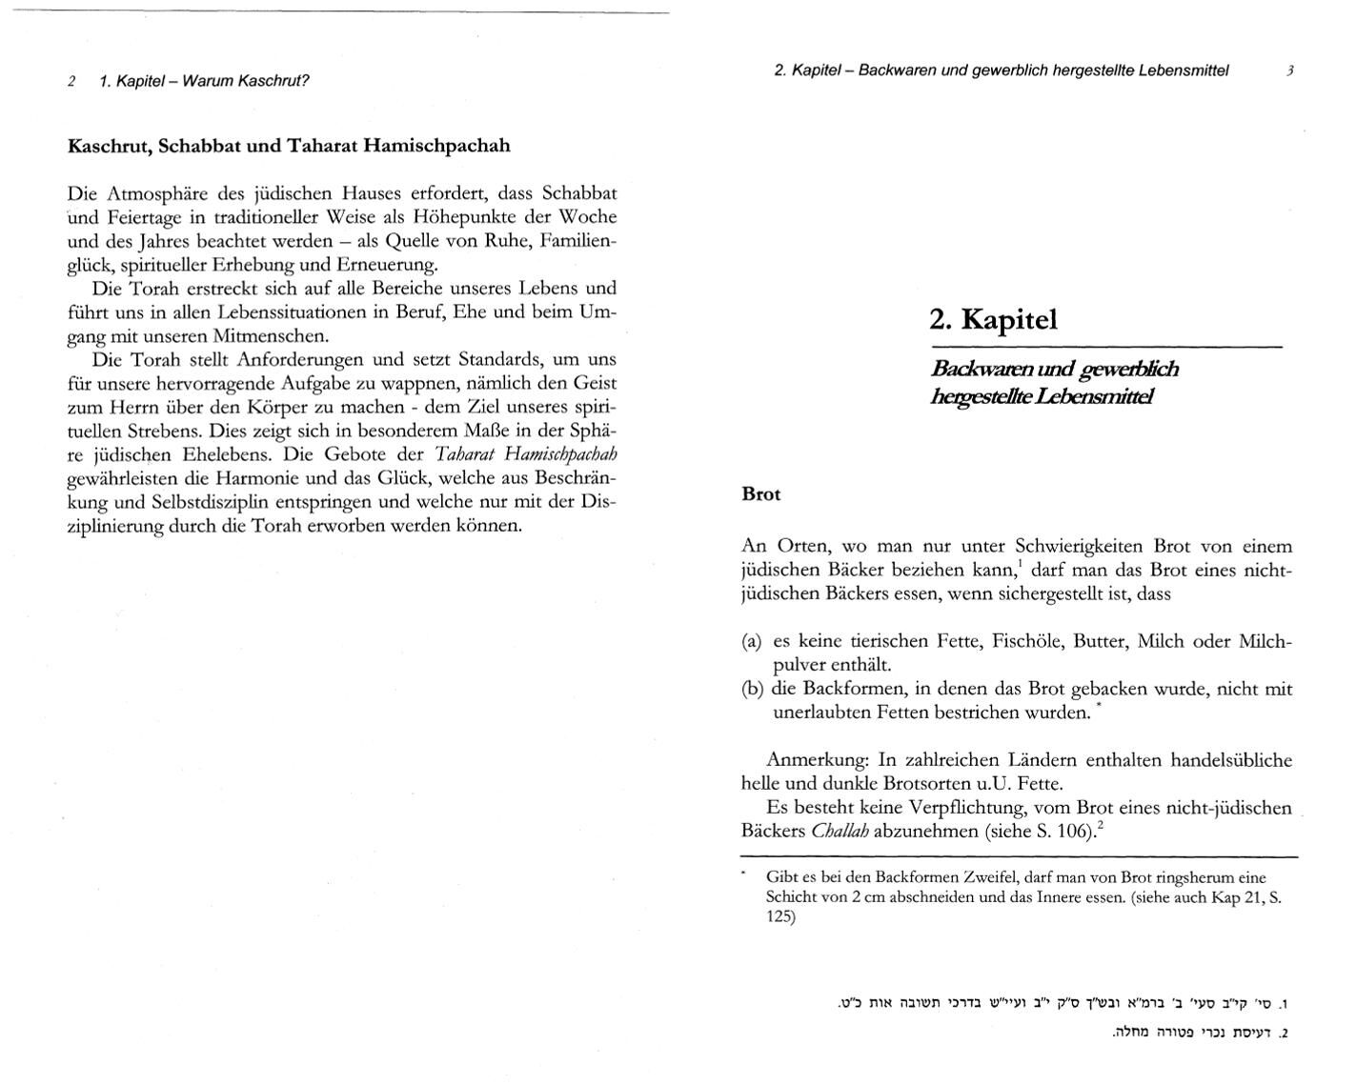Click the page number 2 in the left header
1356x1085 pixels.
coord(72,81)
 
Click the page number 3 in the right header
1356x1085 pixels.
coord(1289,70)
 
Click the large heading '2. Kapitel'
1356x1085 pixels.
coord(993,319)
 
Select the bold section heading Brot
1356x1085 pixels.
coord(760,494)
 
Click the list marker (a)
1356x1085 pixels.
coord(752,641)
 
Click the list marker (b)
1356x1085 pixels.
coord(752,689)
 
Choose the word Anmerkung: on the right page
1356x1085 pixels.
coord(818,760)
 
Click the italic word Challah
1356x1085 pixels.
coord(840,831)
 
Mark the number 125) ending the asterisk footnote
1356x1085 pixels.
coord(780,917)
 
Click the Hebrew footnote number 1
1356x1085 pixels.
coord(1283,1004)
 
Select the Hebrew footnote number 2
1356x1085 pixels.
coord(1283,1033)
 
